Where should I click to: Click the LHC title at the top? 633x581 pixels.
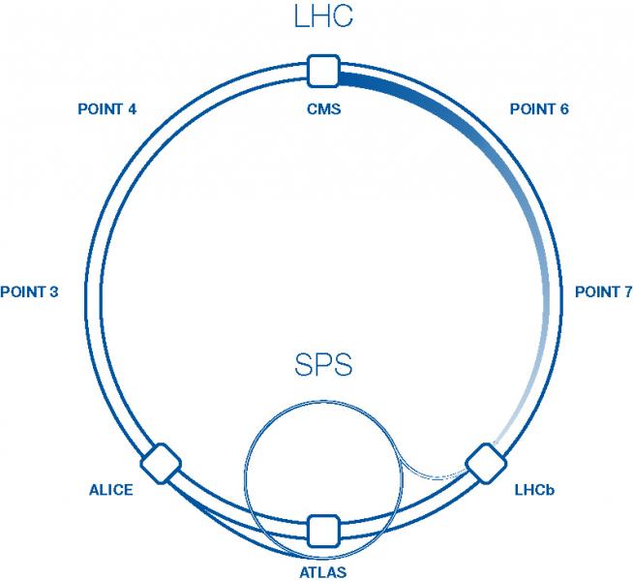coord(323,17)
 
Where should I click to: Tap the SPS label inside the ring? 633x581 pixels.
coord(323,366)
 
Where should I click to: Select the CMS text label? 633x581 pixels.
coord(322,108)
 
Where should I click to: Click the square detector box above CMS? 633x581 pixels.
coord(322,71)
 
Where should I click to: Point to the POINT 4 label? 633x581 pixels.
coord(106,108)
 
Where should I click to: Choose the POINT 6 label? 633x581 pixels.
coord(539,108)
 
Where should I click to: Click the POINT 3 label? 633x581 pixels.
coord(30,291)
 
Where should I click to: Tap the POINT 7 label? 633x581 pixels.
coord(603,291)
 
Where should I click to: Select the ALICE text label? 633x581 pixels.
coord(111,490)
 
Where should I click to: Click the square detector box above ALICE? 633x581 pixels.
coord(161,463)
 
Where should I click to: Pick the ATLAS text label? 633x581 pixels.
coord(322,572)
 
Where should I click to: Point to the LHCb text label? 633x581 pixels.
coord(534,490)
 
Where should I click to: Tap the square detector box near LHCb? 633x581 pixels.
coord(483,463)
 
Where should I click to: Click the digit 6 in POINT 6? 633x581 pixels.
coord(563,108)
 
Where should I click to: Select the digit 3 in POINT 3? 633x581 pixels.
coord(54,291)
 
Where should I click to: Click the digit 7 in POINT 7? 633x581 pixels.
coord(627,291)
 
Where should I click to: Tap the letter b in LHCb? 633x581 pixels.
coord(550,490)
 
